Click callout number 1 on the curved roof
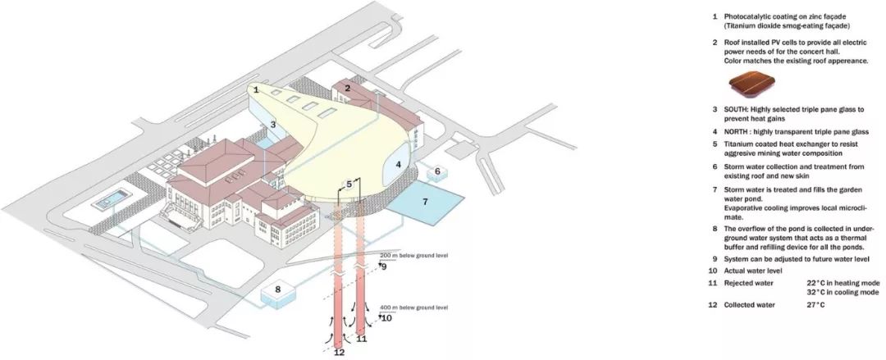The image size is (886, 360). point(256,89)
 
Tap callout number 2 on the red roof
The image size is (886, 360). point(348,89)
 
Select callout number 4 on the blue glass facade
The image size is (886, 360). point(399,165)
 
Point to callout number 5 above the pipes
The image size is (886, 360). point(349,184)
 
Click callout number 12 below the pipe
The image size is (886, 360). point(339,353)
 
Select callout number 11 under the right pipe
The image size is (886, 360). point(362,339)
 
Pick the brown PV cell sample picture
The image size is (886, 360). point(751,84)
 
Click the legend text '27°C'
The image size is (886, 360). point(815,305)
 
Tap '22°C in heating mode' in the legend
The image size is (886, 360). point(843,283)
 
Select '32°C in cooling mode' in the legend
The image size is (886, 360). point(843,293)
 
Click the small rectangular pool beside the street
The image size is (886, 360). point(112,199)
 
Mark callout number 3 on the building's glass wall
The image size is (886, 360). point(272,125)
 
